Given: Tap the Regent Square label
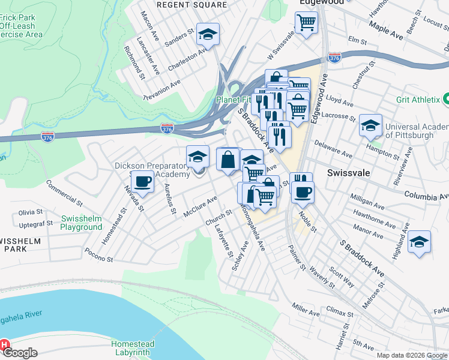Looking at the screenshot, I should (191, 5).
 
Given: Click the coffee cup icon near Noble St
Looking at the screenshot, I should (302, 191).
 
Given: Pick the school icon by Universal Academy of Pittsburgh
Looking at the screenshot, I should (370, 125).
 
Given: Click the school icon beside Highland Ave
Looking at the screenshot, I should (419, 242).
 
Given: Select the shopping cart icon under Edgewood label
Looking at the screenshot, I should (306, 23).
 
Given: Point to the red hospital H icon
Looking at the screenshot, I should (5, 346).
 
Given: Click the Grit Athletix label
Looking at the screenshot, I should (418, 100).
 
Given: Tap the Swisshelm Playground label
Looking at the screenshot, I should (81, 223).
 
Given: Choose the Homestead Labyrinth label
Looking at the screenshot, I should (133, 349).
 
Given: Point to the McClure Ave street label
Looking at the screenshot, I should (200, 207).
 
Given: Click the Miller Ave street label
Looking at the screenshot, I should (306, 310).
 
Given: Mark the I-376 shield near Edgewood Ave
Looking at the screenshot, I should (334, 58).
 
